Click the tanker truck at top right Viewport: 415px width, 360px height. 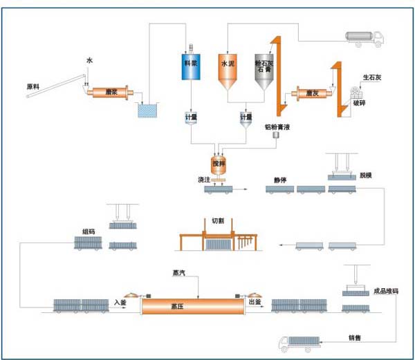click(363, 39)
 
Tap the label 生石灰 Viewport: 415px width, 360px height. click(371, 77)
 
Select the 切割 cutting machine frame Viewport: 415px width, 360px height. click(217, 235)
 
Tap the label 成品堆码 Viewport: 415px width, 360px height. click(386, 291)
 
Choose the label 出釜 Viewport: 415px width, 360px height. click(255, 303)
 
